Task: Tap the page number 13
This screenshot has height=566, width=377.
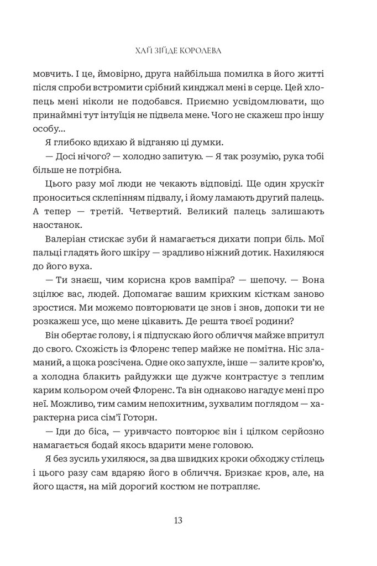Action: pos(178,520)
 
